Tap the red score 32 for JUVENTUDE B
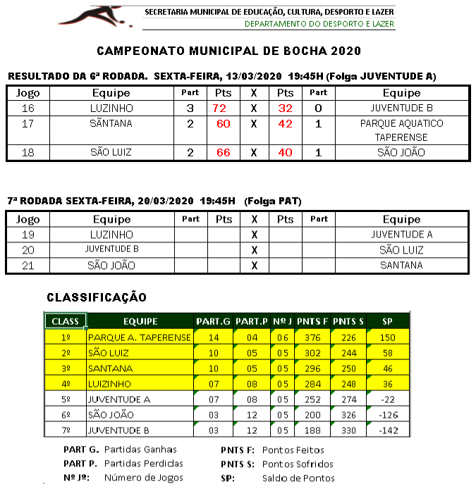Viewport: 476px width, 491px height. [x=285, y=108]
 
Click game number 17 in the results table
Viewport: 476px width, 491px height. [x=28, y=123]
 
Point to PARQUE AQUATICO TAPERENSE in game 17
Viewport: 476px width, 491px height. [x=401, y=130]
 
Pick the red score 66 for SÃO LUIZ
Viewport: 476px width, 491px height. [x=224, y=152]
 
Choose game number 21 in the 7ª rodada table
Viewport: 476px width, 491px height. [x=28, y=266]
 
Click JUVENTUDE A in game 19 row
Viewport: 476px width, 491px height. [x=401, y=235]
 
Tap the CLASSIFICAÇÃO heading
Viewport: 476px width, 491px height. [x=97, y=298]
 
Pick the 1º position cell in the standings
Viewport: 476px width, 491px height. [x=66, y=337]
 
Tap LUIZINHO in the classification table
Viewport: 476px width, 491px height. [x=109, y=384]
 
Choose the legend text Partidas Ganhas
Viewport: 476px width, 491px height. [x=140, y=449]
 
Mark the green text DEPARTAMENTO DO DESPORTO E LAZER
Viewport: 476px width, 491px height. [x=319, y=24]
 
